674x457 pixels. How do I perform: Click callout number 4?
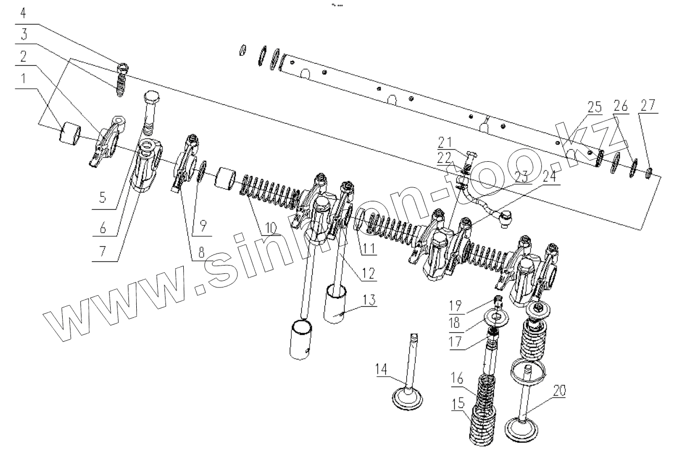(x=22, y=11)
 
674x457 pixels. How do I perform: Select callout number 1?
(x=22, y=79)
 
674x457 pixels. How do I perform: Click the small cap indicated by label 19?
(x=498, y=302)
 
